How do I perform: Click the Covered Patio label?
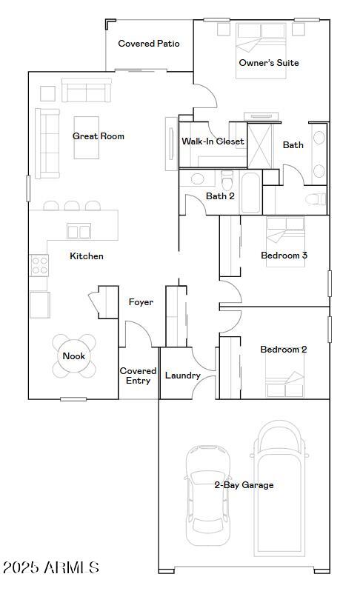pyautogui.click(x=149, y=44)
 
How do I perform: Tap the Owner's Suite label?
pyautogui.click(x=268, y=63)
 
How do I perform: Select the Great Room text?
pyautogui.click(x=99, y=136)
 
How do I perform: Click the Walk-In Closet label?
pyautogui.click(x=213, y=141)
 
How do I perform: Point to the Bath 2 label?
pyautogui.click(x=220, y=196)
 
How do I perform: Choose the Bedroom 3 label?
pyautogui.click(x=284, y=256)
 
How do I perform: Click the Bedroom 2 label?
pyautogui.click(x=283, y=350)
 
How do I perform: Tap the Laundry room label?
pyautogui.click(x=182, y=376)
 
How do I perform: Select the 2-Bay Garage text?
pyautogui.click(x=244, y=485)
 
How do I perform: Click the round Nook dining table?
pyautogui.click(x=73, y=356)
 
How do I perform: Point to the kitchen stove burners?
pyautogui.click(x=39, y=264)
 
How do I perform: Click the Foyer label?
pyautogui.click(x=141, y=302)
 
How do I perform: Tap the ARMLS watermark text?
pyautogui.click(x=50, y=568)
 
